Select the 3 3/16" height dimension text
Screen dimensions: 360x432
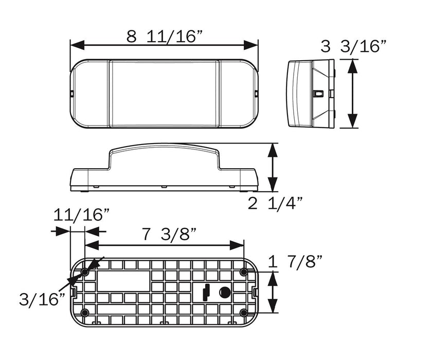pyautogui.click(x=353, y=47)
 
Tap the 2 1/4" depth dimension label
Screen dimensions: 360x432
pyautogui.click(x=275, y=204)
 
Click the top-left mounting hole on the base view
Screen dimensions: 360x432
pyautogui.click(x=85, y=271)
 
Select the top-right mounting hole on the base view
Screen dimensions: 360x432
pyautogui.click(x=243, y=271)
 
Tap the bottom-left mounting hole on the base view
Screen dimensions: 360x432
pyautogui.click(x=85, y=313)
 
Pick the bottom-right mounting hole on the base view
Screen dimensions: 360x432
pyautogui.click(x=243, y=313)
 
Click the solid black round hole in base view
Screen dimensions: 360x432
pyautogui.click(x=224, y=292)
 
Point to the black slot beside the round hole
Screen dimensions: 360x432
pyautogui.click(x=207, y=292)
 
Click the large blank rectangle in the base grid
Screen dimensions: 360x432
pyautogui.click(x=123, y=282)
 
